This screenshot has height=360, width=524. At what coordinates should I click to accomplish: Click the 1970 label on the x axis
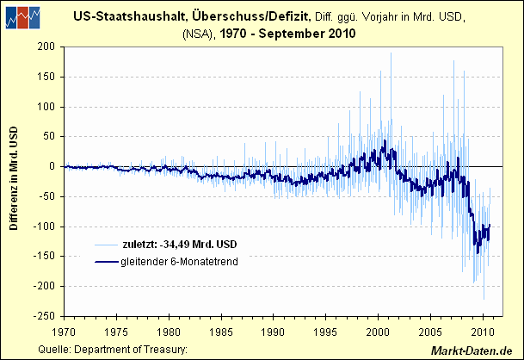coord(64,330)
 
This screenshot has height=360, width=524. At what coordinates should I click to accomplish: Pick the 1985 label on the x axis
coord(221,330)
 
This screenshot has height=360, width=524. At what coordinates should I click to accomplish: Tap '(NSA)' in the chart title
coord(198,34)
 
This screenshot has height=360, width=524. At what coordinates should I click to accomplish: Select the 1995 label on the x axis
coord(326,330)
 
